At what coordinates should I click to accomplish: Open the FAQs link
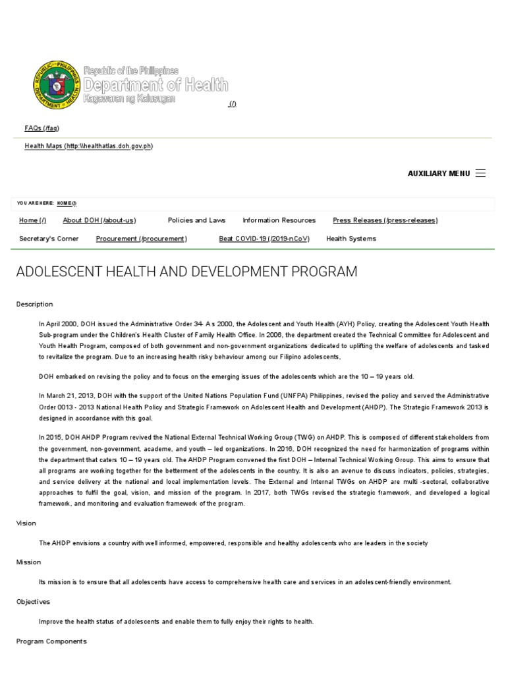pos(42,128)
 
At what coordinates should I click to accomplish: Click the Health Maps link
pos(88,146)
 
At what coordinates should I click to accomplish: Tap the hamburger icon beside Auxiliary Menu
pos(480,173)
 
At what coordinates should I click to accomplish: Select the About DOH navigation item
pos(99,220)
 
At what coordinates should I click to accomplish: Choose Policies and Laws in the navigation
pos(196,220)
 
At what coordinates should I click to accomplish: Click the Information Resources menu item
pos(279,220)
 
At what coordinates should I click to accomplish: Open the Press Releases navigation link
pos(385,220)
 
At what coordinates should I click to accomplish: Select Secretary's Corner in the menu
pos(49,239)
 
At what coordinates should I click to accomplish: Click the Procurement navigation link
pos(141,239)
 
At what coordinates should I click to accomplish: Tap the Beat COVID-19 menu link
pos(264,239)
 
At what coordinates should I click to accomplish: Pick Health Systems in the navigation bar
pos(351,239)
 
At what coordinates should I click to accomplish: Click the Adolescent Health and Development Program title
pos(186,272)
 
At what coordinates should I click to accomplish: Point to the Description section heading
pos(34,305)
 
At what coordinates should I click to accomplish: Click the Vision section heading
pos(26,523)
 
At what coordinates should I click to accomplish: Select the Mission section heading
pos(28,562)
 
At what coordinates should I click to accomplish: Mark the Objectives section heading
pos(33,602)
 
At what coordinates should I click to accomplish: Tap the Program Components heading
pos(51,641)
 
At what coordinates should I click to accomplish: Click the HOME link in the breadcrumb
pos(67,203)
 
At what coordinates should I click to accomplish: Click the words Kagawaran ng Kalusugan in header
pos(129,98)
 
